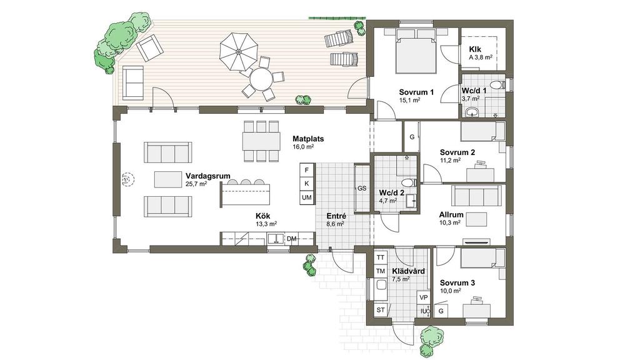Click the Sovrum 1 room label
(x=416, y=92)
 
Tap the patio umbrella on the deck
(x=239, y=51)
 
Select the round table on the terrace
(x=261, y=79)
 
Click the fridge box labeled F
(x=306, y=170)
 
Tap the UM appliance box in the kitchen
(x=306, y=197)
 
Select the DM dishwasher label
(x=291, y=239)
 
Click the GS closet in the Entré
(x=362, y=188)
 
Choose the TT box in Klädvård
(x=381, y=257)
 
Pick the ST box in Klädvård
(x=381, y=310)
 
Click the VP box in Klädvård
(x=423, y=297)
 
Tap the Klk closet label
(x=475, y=49)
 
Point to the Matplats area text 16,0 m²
(x=303, y=146)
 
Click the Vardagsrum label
(x=207, y=176)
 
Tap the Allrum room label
(x=451, y=215)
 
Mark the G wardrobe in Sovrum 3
(x=441, y=311)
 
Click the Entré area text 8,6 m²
(x=335, y=224)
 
